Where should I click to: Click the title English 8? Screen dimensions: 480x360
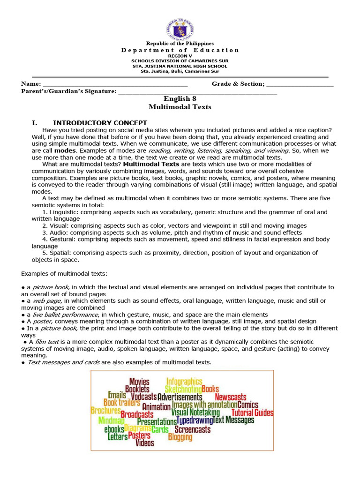180,98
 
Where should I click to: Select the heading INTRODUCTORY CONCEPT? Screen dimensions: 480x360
100,123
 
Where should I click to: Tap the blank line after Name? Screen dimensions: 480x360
115,84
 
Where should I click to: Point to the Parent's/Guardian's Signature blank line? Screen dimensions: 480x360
197,91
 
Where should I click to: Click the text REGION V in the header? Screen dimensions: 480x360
180,56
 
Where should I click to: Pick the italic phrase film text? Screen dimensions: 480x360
47,342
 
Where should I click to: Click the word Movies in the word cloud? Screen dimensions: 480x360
139,382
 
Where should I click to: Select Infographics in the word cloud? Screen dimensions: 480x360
184,382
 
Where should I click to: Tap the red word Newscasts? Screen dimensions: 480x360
230,397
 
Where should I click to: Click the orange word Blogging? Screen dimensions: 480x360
180,437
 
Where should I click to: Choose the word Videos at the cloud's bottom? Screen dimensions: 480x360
145,443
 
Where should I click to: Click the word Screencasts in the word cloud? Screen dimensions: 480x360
192,429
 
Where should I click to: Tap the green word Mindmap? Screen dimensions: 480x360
112,420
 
